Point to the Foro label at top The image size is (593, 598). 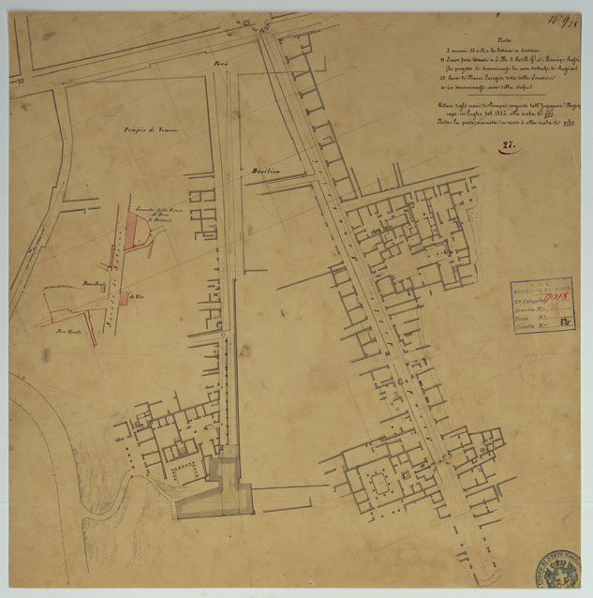point(222,64)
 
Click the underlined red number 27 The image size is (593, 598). point(509,145)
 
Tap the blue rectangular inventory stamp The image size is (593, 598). point(543,305)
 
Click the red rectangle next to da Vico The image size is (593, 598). point(125,298)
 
